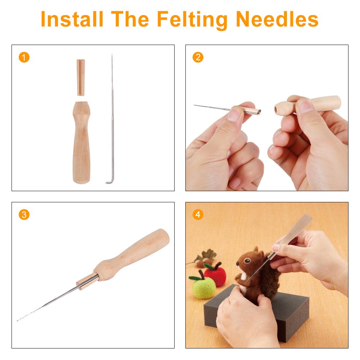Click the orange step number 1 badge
tap(24, 57)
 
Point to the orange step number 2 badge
tap(198, 57)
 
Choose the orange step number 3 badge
tap(24, 215)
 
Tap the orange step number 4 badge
tap(198, 215)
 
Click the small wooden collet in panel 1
tap(81, 77)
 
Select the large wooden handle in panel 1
tap(81, 144)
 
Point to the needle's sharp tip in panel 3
tap(18, 320)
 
